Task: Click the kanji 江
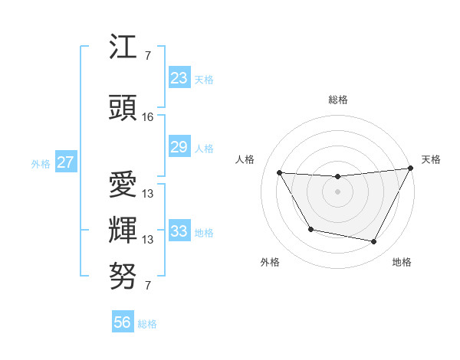pos(123,50)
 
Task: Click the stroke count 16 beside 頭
pos(148,117)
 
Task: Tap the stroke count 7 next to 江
pos(147,56)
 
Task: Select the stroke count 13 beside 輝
pos(148,240)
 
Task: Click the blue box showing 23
pos(179,77)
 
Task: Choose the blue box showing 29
pos(179,147)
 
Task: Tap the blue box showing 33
pos(179,231)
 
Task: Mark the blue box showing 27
pos(66,162)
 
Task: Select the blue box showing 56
pos(123,322)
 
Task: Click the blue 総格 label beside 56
pos(148,324)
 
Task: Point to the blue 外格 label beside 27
pos(41,164)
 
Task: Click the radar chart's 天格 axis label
pos(431,159)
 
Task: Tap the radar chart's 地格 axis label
pos(402,262)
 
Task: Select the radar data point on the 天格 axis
pos(411,168)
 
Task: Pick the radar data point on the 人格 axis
pos(279,172)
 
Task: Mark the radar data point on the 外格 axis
pos(310,229)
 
